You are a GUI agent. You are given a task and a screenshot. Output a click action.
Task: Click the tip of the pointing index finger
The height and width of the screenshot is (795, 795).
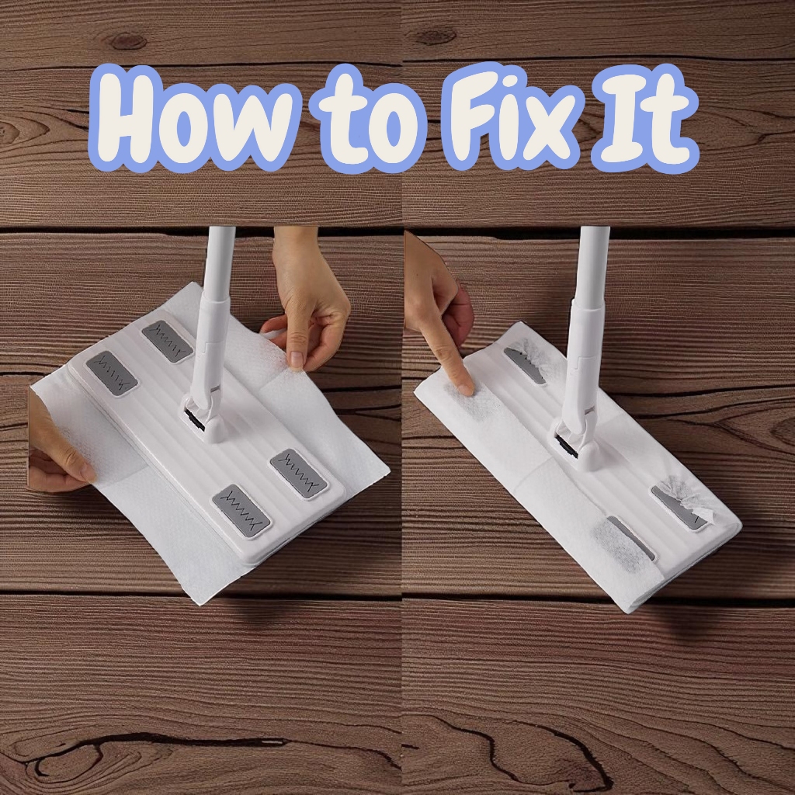coord(466,391)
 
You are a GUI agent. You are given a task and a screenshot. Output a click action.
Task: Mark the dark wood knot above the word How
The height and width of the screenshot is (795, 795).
coord(127,40)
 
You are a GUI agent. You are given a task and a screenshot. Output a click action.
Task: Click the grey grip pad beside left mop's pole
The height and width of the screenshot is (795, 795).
coord(168,341)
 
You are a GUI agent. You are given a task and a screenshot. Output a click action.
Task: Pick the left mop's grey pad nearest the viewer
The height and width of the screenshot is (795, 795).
coord(241,511)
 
